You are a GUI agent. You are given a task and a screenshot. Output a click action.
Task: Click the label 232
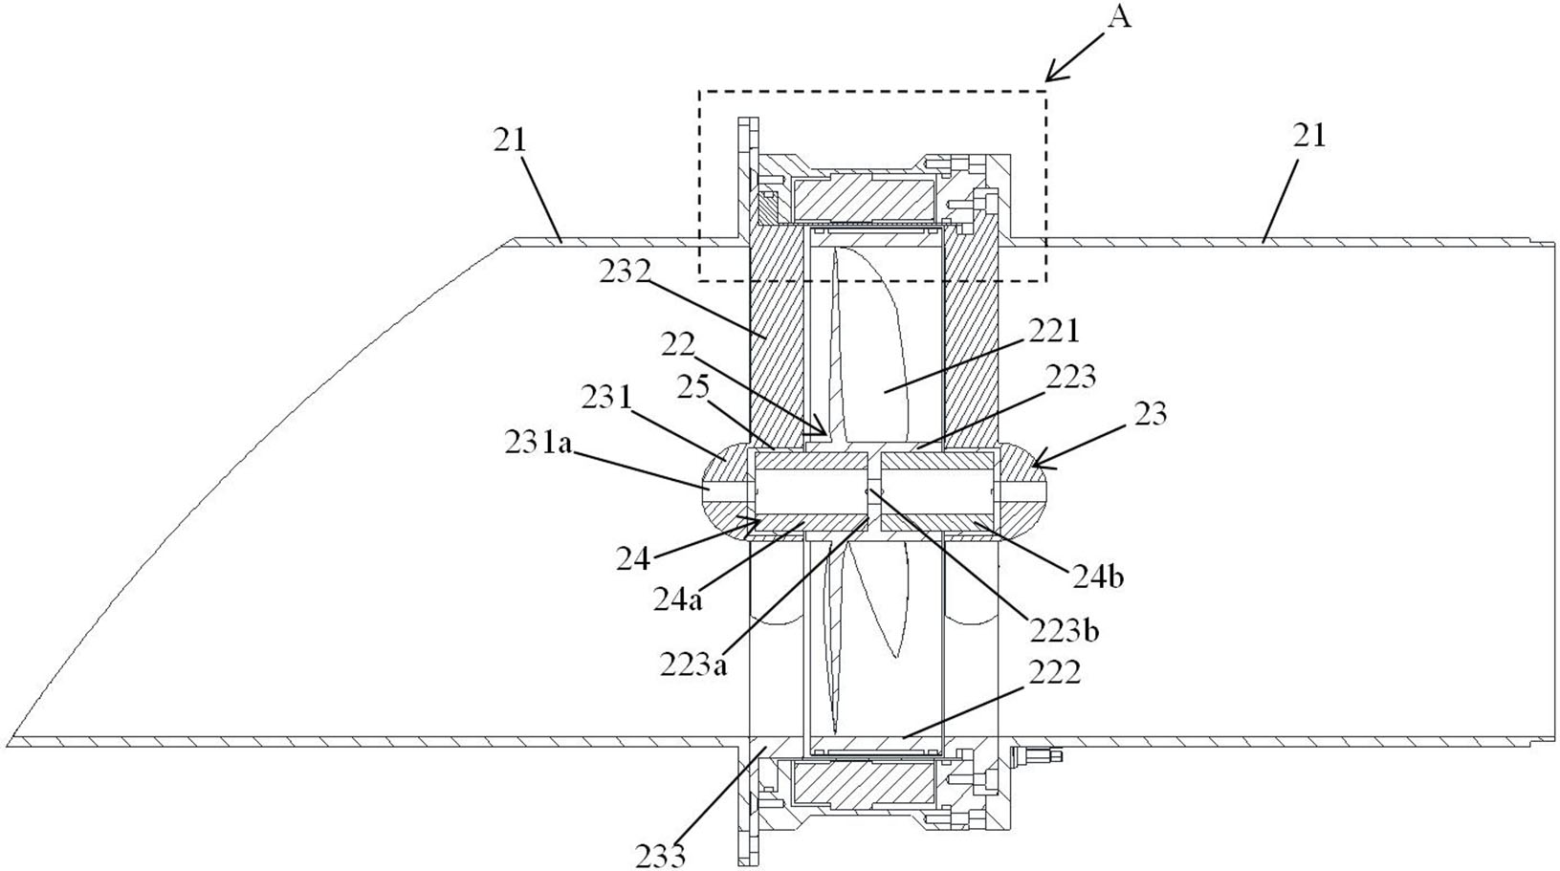pyautogui.click(x=626, y=272)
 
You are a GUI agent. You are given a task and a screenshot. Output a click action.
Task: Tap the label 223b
pyautogui.click(x=1064, y=630)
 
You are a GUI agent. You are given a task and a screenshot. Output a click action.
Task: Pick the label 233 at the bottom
pyautogui.click(x=660, y=854)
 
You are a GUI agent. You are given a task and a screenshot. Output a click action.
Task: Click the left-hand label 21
pyautogui.click(x=510, y=140)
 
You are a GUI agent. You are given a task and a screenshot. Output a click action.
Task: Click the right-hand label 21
pyautogui.click(x=1309, y=136)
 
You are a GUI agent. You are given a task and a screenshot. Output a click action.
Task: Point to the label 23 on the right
pyautogui.click(x=1150, y=414)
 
